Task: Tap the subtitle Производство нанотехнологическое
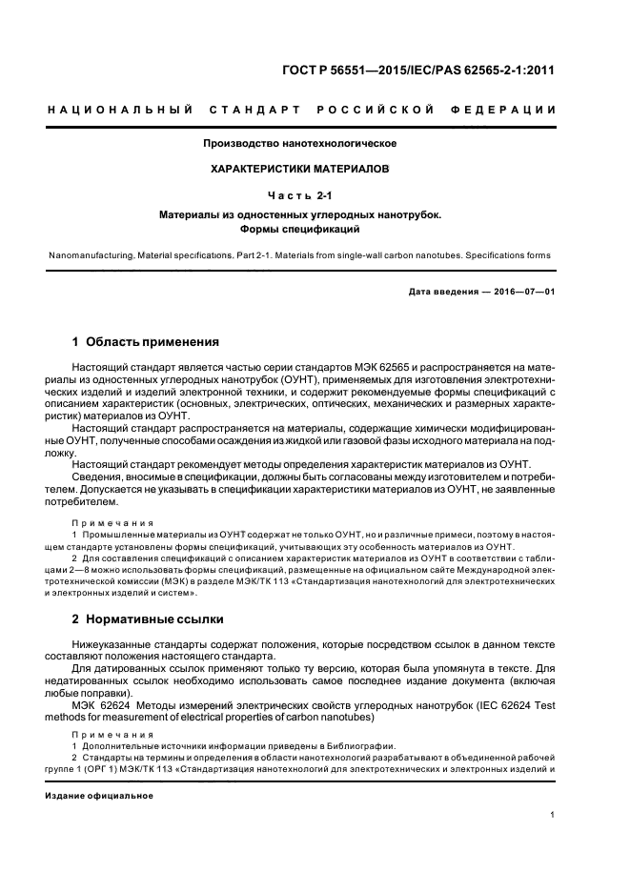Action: (x=300, y=143)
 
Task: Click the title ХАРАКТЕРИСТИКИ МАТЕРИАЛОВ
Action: (x=300, y=168)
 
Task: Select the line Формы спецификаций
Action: (x=300, y=230)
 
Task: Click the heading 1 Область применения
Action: (x=146, y=341)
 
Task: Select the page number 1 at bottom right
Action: (x=552, y=815)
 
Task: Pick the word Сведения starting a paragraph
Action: (x=96, y=477)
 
